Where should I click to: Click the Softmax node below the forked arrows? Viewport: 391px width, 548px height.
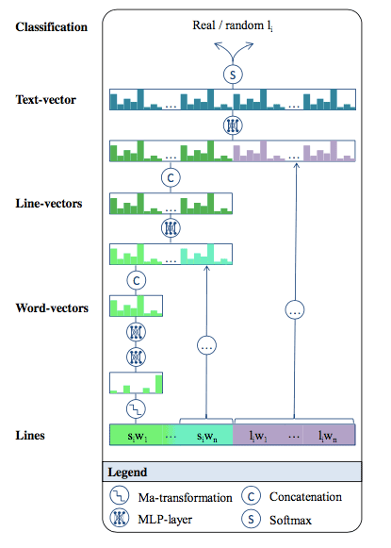233,75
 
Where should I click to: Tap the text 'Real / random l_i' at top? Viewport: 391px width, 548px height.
233,25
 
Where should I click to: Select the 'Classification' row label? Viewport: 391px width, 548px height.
51,27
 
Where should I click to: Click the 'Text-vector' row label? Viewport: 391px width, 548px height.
46,100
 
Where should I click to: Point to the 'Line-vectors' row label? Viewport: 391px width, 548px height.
49,204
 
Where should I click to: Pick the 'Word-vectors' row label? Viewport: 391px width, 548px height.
52,307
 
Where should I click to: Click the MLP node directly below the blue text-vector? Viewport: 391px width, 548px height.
233,125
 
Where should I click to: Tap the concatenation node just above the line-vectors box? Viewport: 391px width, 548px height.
171,177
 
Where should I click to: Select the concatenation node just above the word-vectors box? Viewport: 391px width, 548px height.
137,280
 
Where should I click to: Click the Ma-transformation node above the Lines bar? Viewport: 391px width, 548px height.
136,409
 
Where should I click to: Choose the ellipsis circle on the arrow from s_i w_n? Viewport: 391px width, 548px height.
206,345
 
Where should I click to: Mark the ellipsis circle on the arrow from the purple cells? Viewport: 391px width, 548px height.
295,309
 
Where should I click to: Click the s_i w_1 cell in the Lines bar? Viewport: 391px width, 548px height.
137,435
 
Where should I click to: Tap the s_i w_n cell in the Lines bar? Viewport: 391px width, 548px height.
206,435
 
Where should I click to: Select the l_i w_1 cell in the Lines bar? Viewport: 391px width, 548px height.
258,435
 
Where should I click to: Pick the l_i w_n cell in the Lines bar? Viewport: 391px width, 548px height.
328,435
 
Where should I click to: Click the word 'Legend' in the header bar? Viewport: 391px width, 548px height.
127,473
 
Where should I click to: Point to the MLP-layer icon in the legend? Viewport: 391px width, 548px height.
120,518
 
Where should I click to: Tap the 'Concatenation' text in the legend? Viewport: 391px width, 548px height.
305,497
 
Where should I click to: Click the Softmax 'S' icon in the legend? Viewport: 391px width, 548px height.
251,519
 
